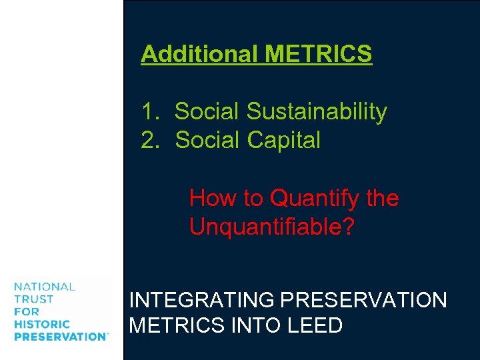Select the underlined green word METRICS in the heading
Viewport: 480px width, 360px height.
(x=318, y=54)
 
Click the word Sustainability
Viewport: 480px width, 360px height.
(x=317, y=111)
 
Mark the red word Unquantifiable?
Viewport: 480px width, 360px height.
(x=272, y=227)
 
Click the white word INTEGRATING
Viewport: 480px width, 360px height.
(x=203, y=301)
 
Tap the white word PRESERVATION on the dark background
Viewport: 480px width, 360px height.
(x=364, y=301)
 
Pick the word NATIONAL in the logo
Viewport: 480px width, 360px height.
(x=44, y=287)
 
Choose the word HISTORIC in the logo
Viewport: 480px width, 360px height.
(x=42, y=324)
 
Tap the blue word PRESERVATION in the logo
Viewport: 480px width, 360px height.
(x=59, y=337)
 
